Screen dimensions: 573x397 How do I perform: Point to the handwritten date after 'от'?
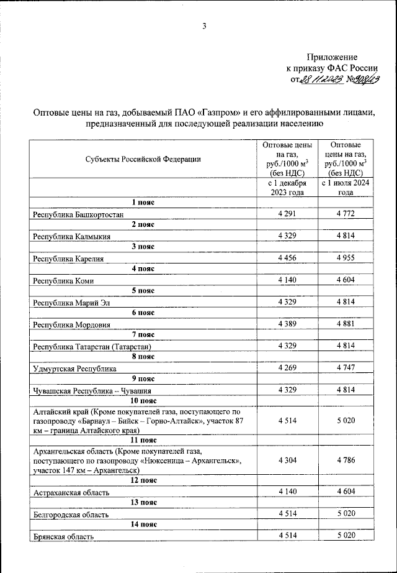pos(323,79)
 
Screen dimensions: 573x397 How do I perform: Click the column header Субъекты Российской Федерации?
pos(143,158)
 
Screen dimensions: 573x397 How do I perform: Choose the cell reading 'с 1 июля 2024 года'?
pos(345,188)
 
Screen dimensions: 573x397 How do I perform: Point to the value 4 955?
pos(345,258)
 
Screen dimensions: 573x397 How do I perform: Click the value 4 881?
pos(345,324)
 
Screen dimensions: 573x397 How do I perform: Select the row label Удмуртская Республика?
pos(75,368)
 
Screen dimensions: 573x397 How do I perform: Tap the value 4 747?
pos(345,368)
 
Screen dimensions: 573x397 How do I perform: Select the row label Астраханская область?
pos(71,492)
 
